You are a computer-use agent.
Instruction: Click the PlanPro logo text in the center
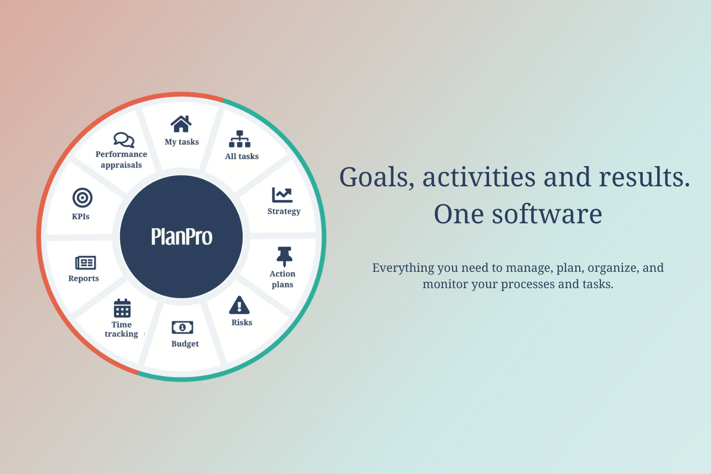(x=182, y=237)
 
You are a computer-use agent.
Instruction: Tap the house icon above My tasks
(x=181, y=124)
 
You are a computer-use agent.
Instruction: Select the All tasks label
(x=242, y=157)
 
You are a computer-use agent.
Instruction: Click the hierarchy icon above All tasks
(x=240, y=139)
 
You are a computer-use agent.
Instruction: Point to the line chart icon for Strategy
(x=282, y=195)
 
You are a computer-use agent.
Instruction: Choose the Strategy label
(x=284, y=211)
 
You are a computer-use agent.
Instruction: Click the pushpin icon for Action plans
(x=284, y=256)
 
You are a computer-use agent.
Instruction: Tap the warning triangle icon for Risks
(x=239, y=305)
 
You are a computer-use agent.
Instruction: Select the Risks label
(x=242, y=323)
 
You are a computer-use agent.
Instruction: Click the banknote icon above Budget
(x=183, y=328)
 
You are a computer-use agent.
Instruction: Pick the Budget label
(x=185, y=344)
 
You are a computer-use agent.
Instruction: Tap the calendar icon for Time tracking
(x=122, y=308)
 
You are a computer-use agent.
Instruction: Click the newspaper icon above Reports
(x=86, y=263)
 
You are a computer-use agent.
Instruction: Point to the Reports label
(x=84, y=279)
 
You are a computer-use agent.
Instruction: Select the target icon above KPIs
(x=83, y=198)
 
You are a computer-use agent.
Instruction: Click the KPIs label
(x=81, y=217)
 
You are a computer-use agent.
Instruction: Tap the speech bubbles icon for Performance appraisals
(x=124, y=140)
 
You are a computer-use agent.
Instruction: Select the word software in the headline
(x=547, y=214)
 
